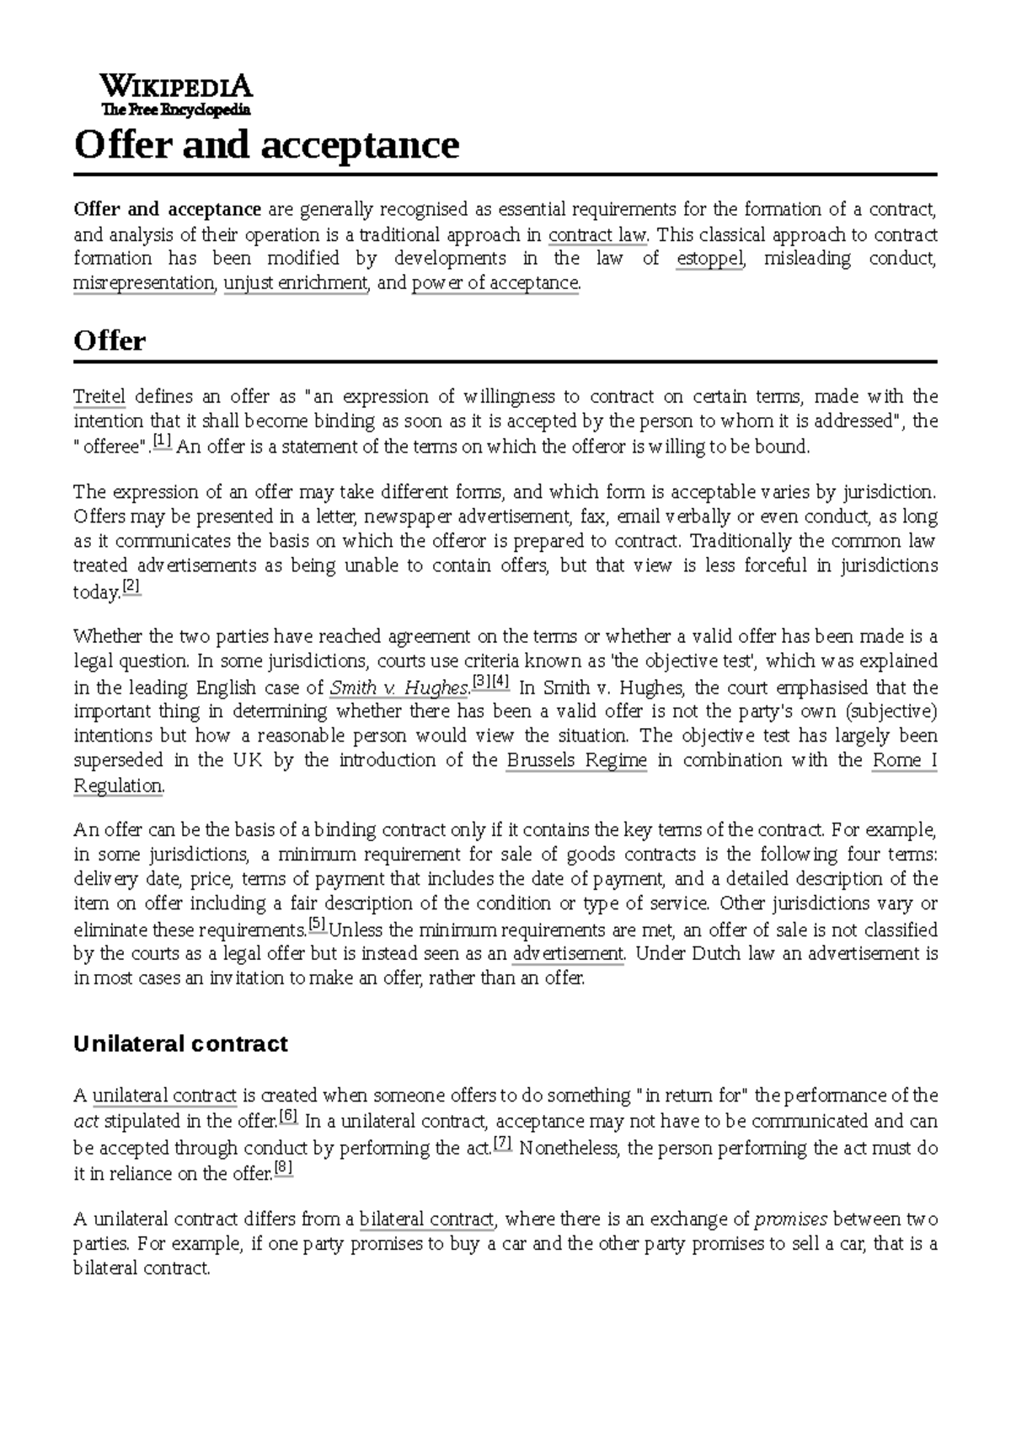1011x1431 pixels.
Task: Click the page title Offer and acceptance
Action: pos(266,145)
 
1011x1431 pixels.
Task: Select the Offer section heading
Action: pos(110,341)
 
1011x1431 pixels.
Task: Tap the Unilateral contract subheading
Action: pos(180,1044)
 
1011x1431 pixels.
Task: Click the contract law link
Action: pos(597,234)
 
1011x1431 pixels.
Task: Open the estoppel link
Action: pos(709,259)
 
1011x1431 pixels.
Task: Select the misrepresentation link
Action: pos(144,283)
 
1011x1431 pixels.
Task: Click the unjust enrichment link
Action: pos(296,283)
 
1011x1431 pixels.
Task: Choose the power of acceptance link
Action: pos(495,283)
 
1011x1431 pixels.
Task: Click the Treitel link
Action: pos(99,396)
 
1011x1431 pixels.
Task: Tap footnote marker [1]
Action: pos(163,442)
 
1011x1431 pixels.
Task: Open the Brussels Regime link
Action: pos(576,760)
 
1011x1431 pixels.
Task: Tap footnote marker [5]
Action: pos(318,925)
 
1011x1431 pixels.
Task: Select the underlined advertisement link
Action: pos(568,954)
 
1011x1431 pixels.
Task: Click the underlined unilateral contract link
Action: pos(164,1096)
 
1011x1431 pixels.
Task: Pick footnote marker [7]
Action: pos(503,1144)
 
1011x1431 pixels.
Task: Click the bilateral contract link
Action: pos(426,1219)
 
